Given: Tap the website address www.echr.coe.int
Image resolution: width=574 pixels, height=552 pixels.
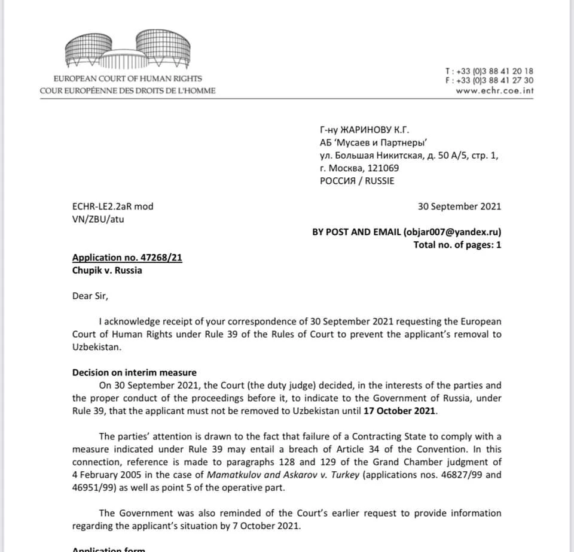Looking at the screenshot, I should pos(494,91).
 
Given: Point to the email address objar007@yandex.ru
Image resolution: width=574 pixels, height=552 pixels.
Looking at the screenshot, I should pos(451,232).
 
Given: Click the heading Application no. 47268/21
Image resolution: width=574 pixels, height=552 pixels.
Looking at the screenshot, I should pos(127,258).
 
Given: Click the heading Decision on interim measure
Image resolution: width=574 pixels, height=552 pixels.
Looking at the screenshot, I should pos(135,372).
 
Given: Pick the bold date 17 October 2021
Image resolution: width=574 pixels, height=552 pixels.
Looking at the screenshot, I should pos(400,411).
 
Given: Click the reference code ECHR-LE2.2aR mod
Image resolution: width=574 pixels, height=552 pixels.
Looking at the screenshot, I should pos(113,207).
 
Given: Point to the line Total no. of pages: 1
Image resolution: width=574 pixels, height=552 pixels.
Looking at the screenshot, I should pos(457,244).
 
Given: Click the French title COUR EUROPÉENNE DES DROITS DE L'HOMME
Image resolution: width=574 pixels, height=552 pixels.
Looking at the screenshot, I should pos(128,91).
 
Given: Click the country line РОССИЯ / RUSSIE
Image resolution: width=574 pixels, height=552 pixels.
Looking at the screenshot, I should pos(358,181).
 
